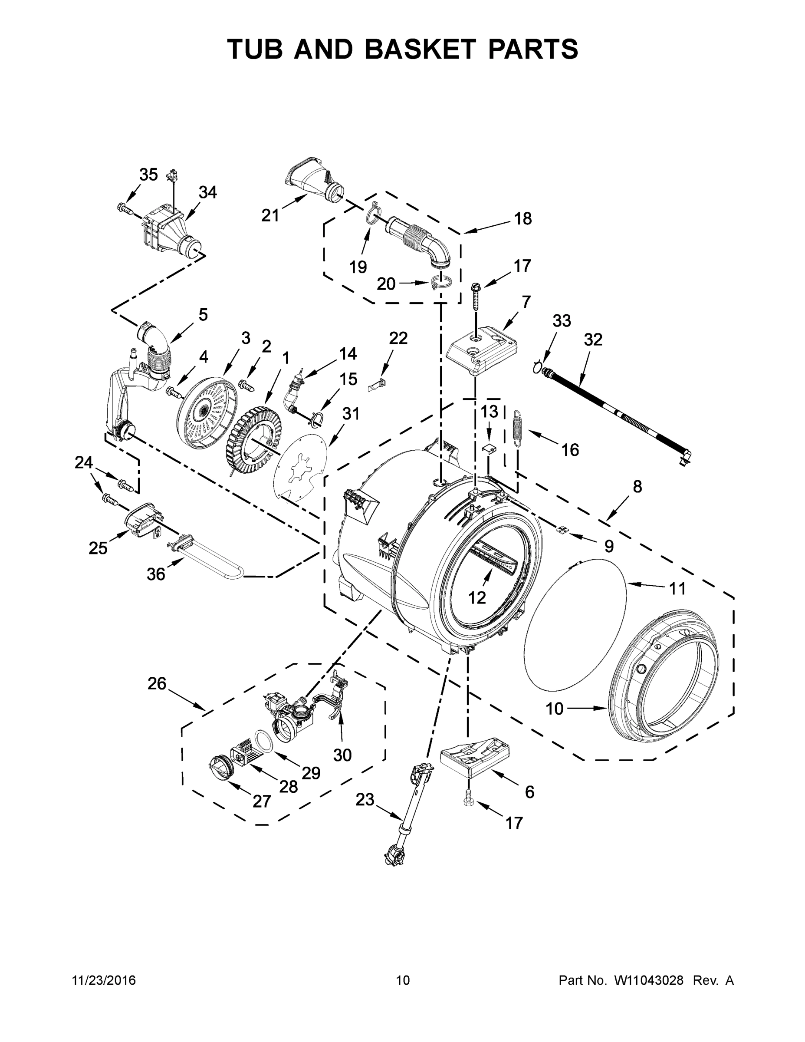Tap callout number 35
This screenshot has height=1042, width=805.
[148, 175]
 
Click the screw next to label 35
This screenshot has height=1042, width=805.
[123, 208]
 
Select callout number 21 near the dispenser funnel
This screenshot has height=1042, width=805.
[270, 216]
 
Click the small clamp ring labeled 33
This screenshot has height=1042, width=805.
[539, 367]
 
